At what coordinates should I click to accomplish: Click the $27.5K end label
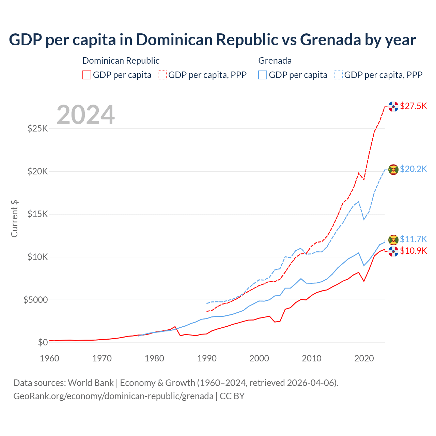(413, 106)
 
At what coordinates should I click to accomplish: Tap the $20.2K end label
(413, 169)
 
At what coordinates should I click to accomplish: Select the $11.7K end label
(413, 239)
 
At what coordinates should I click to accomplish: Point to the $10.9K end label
(413, 251)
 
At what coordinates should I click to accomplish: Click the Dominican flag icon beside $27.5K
(393, 107)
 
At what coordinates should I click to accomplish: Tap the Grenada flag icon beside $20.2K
(393, 170)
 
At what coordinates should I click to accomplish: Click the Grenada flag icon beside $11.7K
(393, 240)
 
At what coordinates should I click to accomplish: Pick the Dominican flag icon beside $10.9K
(393, 252)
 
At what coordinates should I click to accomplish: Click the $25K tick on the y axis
(37, 129)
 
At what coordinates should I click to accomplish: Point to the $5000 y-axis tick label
(35, 300)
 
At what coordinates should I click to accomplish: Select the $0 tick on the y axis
(43, 342)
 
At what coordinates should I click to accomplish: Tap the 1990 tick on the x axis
(207, 358)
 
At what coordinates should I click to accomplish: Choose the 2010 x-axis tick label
(312, 358)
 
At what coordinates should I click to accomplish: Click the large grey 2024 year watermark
(86, 115)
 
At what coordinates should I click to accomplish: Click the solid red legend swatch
(87, 75)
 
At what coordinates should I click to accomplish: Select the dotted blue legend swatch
(338, 75)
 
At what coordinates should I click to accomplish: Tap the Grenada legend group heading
(275, 61)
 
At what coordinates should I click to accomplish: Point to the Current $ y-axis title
(14, 219)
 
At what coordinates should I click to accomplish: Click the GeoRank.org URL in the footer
(113, 396)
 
